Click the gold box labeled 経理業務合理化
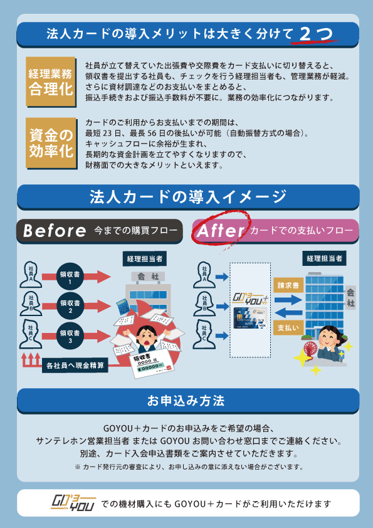[51, 82]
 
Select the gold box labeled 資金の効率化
[51, 143]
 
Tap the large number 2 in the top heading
[305, 34]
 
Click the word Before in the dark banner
[55, 231]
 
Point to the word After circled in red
[221, 231]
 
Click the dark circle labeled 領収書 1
[70, 277]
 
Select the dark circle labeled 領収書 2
[70, 306]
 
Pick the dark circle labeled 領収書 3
[70, 335]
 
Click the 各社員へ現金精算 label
[75, 365]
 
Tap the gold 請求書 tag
[288, 285]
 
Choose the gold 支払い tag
[288, 327]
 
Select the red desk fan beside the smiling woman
[310, 351]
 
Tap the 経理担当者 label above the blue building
[324, 258]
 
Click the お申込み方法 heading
[186, 401]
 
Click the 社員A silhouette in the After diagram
[204, 275]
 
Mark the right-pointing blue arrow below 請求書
[288, 300]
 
